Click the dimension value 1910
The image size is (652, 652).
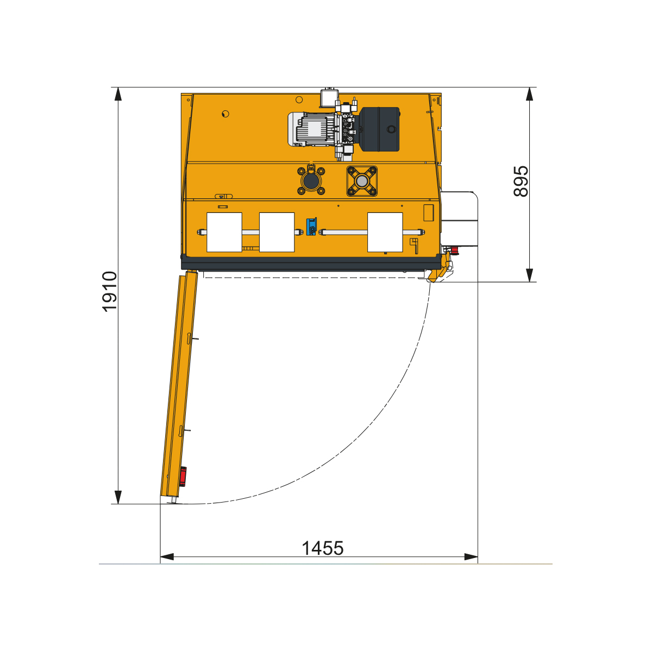click(110, 291)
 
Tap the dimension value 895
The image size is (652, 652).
click(521, 181)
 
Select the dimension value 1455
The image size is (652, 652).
click(322, 548)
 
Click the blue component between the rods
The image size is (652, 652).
click(311, 227)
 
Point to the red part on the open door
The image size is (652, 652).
click(183, 477)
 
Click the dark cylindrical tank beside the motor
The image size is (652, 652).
click(379, 129)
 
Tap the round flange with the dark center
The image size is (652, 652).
click(311, 181)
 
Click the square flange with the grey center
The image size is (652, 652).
click(362, 181)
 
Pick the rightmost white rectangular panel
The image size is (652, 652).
click(385, 232)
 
